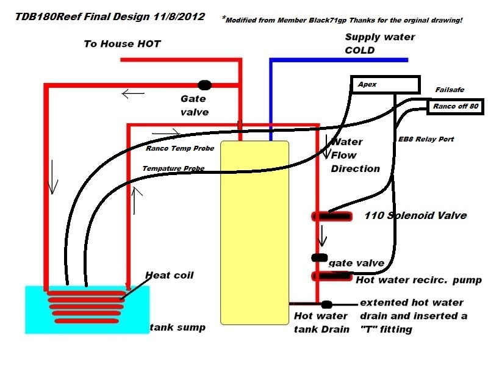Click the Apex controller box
(386, 85)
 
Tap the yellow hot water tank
(254, 232)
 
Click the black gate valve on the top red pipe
(205, 85)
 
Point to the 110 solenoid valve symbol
(332, 216)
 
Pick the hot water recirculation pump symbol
(332, 276)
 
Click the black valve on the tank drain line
(327, 304)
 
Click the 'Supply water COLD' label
(379, 43)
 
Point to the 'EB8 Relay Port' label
(426, 140)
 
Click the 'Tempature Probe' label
(173, 168)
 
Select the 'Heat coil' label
(169, 275)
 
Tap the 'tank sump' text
(178, 328)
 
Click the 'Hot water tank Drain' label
(321, 323)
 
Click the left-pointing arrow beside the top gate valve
(134, 94)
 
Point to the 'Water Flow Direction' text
(355, 155)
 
